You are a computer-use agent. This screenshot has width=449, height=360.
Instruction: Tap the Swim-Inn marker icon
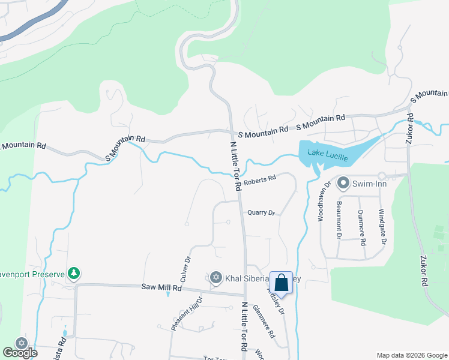click(x=343, y=182)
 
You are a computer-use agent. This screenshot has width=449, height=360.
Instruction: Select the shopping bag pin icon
click(x=281, y=282)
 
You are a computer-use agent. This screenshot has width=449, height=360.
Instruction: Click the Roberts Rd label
click(x=259, y=179)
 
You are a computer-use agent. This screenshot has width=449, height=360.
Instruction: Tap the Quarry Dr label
click(x=261, y=212)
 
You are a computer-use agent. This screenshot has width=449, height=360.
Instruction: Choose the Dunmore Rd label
click(x=361, y=227)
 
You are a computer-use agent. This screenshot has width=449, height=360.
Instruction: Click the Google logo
click(x=20, y=353)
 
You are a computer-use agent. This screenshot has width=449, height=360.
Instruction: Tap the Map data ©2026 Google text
click(x=412, y=355)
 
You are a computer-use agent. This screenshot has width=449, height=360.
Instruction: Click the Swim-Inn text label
click(x=370, y=182)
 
